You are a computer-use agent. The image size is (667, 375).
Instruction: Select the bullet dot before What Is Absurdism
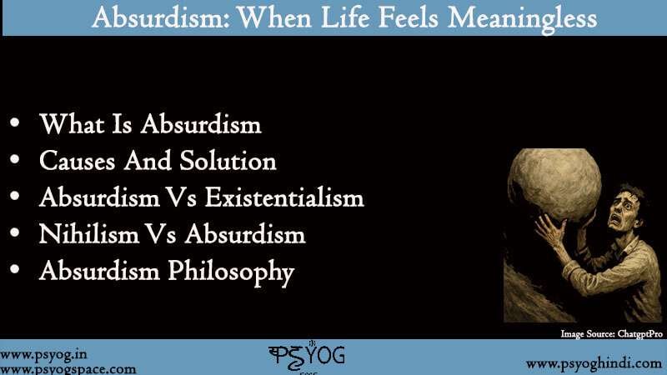(15, 126)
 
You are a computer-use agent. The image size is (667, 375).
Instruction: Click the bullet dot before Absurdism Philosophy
(15, 272)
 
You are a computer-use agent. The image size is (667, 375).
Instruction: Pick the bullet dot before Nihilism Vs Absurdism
(15, 235)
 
